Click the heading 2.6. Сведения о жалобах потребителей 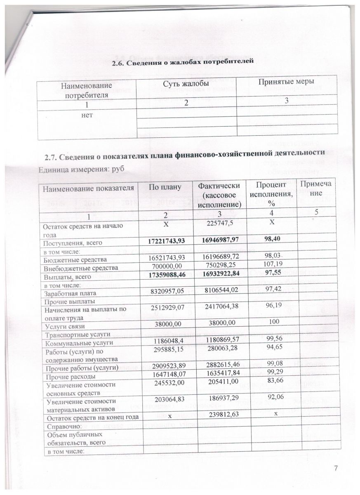[x=183, y=62]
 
